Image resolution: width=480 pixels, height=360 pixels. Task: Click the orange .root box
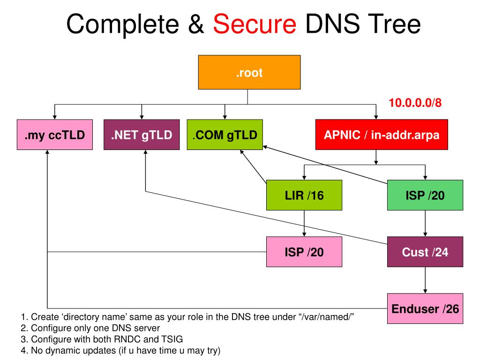coord(247,72)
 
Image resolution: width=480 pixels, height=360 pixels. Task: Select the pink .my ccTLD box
coord(54,135)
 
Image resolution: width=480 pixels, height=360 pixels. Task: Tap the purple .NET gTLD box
coord(142,135)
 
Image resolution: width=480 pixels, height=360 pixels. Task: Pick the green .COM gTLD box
coord(225,135)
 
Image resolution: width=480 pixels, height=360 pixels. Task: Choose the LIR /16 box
coord(304,195)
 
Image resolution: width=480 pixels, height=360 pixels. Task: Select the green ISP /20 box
coord(425,195)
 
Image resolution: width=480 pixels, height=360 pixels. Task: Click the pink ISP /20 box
coord(304,252)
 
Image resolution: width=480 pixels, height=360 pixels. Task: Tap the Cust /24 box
coord(425,252)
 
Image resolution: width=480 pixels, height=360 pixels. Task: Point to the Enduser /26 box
coord(425,308)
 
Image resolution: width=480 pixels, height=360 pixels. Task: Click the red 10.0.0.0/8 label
coord(415,103)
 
